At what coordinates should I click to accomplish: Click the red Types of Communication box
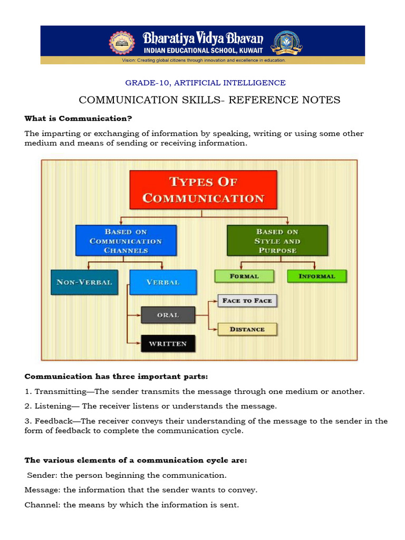203,189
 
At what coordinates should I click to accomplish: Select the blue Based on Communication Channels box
126,241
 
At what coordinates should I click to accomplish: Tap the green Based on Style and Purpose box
277,241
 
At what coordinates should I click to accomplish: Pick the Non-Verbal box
84,282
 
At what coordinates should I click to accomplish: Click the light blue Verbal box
162,282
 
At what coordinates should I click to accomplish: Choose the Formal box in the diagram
244,276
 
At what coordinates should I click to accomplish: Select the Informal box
317,276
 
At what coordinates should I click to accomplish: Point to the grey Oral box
168,315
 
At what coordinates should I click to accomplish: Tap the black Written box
168,344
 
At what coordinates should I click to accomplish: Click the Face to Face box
247,301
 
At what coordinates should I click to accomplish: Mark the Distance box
247,329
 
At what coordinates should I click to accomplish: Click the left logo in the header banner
122,44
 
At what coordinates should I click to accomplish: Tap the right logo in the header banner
286,44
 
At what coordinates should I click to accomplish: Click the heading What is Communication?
78,118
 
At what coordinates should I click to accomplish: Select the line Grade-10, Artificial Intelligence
205,83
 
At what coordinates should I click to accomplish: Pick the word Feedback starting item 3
52,421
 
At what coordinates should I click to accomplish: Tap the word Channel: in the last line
43,505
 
